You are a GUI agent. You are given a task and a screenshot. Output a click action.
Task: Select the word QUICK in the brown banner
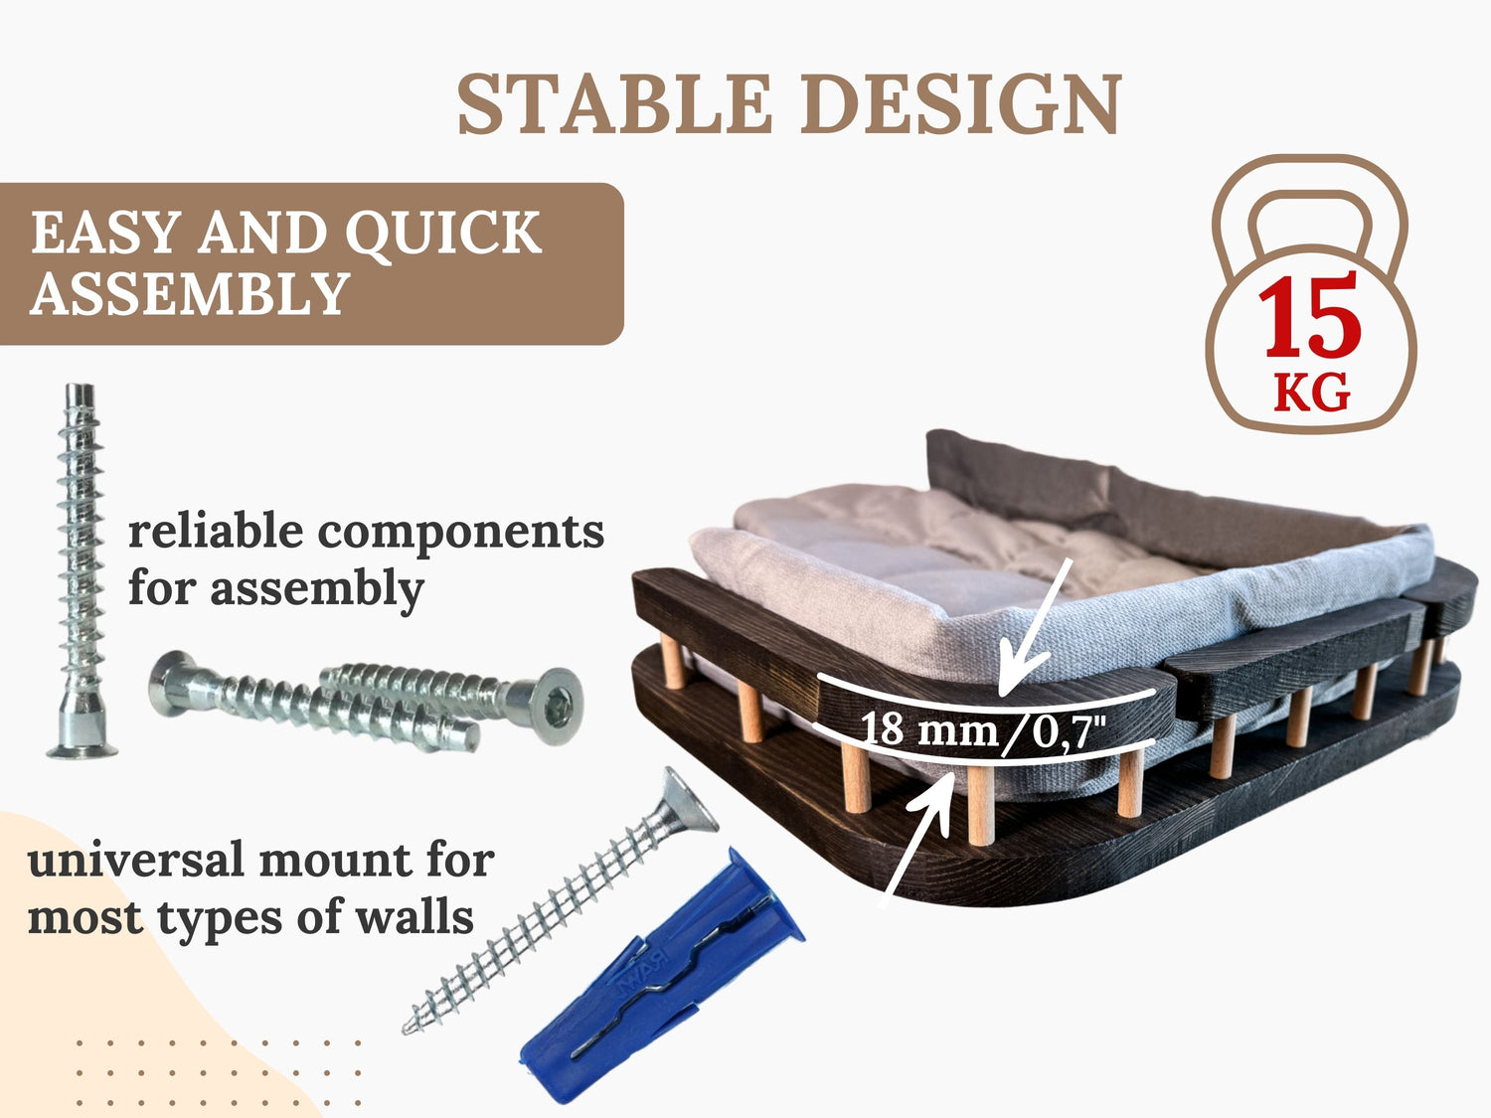click(443, 234)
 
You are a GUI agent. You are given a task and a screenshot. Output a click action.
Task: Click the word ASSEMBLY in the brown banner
click(190, 293)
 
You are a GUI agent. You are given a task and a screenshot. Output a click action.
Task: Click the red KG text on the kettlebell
click(1310, 393)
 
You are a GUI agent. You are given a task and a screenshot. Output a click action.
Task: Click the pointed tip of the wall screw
click(408, 1030)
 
